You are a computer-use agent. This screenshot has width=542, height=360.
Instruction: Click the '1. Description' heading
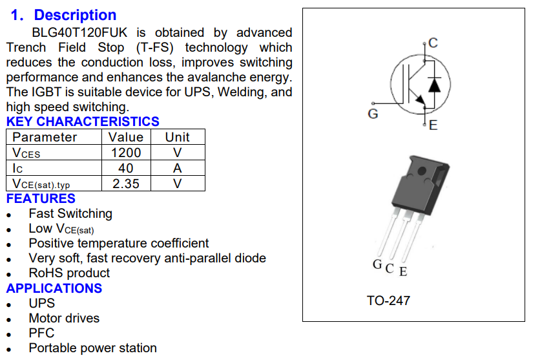click(64, 15)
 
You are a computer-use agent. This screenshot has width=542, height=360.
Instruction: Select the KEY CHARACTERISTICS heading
click(83, 122)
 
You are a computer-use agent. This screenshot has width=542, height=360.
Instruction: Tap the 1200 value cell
click(126, 153)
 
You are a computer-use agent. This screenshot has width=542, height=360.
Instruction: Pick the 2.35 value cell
click(126, 184)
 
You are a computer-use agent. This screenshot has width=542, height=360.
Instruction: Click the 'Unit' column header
click(177, 137)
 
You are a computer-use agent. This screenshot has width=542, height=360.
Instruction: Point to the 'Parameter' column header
click(45, 137)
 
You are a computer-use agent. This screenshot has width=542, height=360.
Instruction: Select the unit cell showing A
click(177, 168)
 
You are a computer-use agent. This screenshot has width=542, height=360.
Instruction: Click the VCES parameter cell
click(26, 153)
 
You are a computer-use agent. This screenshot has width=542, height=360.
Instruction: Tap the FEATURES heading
click(41, 198)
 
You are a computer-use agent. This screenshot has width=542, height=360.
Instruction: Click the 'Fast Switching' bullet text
click(70, 213)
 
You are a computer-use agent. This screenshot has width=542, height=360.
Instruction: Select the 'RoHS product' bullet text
click(69, 273)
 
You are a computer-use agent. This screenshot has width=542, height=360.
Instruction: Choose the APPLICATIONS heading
click(54, 288)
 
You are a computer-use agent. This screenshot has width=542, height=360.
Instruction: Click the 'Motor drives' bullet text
click(64, 318)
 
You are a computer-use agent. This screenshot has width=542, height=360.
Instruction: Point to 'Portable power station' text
click(92, 348)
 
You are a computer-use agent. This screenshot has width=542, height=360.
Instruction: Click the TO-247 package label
click(388, 301)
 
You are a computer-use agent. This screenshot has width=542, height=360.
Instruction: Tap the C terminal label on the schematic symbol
click(433, 43)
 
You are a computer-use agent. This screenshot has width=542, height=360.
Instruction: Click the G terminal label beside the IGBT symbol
click(373, 114)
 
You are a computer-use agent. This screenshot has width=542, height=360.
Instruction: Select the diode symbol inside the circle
click(435, 85)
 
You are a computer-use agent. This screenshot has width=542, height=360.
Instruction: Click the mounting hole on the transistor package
click(422, 172)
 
